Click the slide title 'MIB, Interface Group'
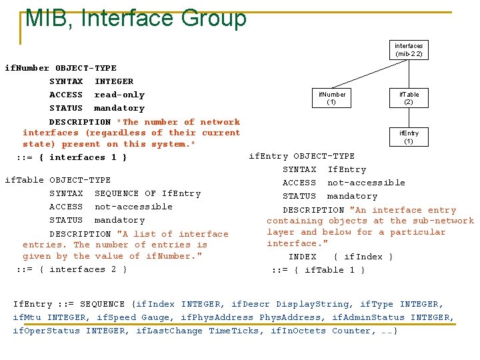[x=135, y=18]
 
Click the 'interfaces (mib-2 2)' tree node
[x=408, y=50]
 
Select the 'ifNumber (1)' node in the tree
[x=331, y=99]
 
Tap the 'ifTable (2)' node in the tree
[x=409, y=99]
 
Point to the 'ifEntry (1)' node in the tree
[x=409, y=137]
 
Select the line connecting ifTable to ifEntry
[x=409, y=118]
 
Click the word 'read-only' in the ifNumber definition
[x=119, y=95]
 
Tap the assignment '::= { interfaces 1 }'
[x=71, y=157]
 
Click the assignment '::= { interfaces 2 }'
[x=71, y=269]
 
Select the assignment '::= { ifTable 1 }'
[x=318, y=270]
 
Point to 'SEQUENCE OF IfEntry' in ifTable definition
[x=147, y=193]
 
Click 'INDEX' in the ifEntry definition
[x=302, y=257]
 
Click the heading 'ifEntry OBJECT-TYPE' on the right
[x=301, y=156]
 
